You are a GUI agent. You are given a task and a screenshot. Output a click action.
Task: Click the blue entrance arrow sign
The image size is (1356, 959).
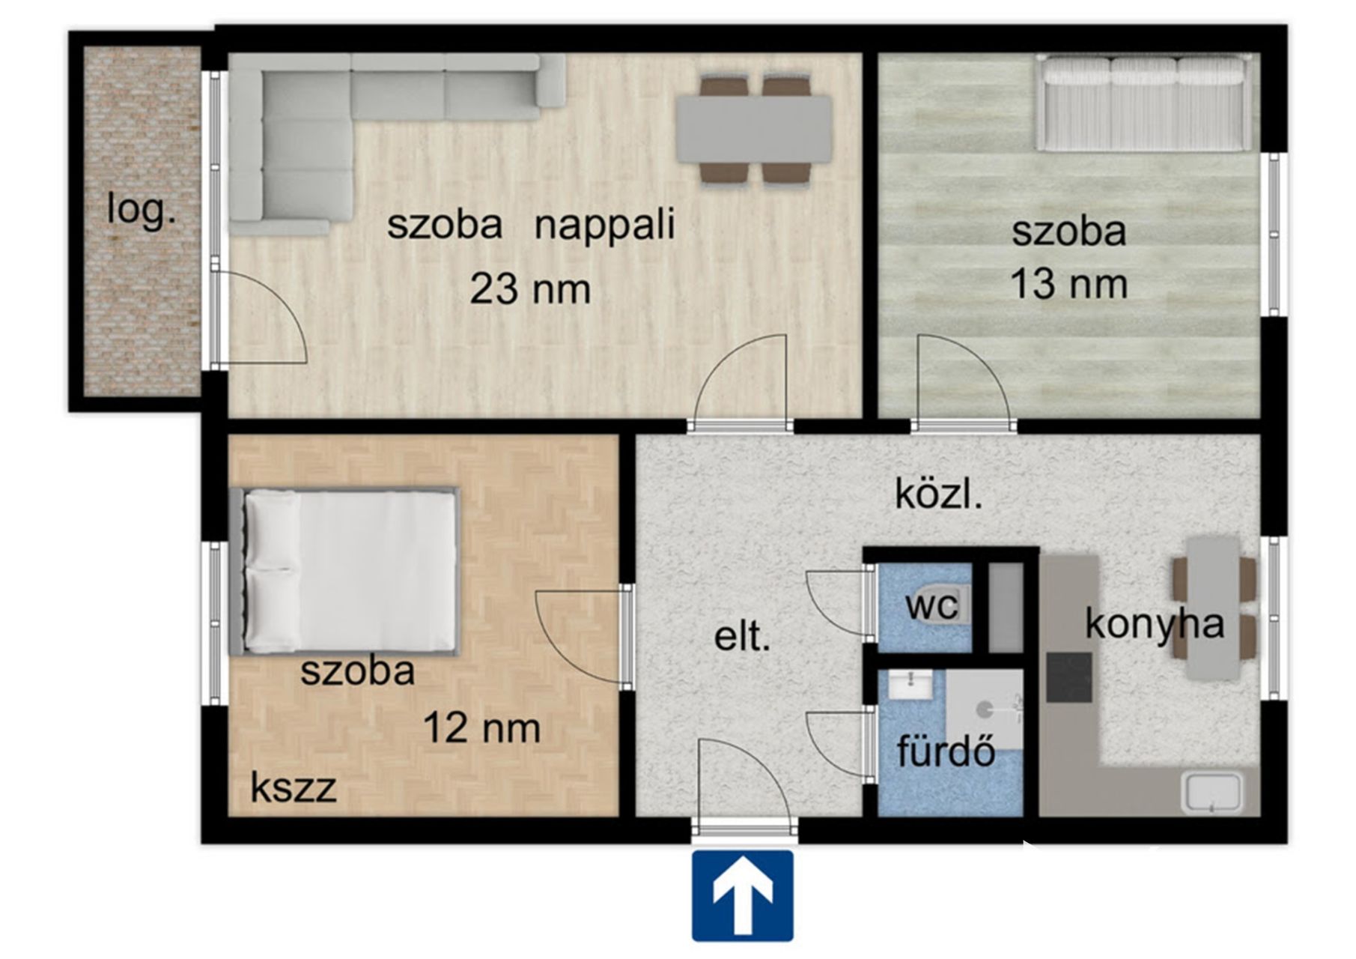[x=742, y=895]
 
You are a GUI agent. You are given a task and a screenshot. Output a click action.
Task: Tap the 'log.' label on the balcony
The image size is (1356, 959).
[x=142, y=210]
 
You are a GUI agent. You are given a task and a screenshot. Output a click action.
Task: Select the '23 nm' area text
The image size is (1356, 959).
[x=530, y=289]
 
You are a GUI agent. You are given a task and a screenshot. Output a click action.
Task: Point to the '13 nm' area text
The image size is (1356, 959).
[x=1068, y=285]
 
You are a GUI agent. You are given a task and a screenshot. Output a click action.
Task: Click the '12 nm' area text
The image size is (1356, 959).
[x=481, y=727]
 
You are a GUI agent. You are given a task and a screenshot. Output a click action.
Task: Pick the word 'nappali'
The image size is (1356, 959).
[x=604, y=226]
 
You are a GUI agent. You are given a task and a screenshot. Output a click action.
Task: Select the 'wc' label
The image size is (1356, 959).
[x=931, y=605]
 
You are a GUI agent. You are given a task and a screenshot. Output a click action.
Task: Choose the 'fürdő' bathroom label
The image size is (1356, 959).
[x=946, y=751]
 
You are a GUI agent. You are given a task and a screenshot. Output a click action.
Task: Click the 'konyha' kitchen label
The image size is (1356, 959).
[x=1155, y=624]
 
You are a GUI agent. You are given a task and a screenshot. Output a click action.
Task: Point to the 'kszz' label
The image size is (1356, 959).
[x=293, y=787]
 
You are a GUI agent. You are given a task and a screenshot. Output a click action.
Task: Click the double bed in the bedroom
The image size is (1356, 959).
[x=344, y=571]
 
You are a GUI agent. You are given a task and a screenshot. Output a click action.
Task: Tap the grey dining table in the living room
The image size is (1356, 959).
[x=754, y=129]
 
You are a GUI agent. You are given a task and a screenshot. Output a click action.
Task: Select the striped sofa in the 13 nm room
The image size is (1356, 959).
[x=1143, y=103]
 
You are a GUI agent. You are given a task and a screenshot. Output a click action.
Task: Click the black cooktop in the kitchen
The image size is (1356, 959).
[x=1069, y=677]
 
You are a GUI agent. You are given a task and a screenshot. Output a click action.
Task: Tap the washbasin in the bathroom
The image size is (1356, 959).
[x=910, y=685]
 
